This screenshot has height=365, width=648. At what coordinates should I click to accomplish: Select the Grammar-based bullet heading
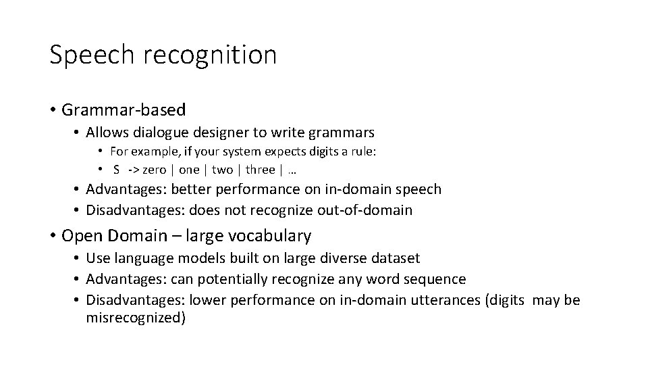click(123, 109)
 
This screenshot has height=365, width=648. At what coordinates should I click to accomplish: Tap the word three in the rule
click(260, 169)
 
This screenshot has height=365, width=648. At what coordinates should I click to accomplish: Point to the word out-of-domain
click(364, 210)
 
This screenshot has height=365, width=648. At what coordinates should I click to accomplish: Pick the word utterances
click(443, 299)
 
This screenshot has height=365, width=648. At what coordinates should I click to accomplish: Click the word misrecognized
click(135, 318)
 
